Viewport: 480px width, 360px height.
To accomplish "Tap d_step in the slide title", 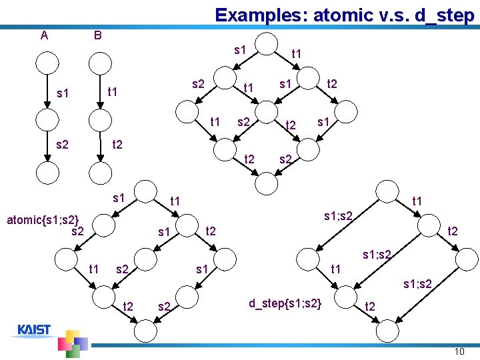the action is [439, 15].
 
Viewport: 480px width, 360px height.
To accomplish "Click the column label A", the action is [44, 35].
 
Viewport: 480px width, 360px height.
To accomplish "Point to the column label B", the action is [97, 35].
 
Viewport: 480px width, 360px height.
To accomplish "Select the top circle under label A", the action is [47, 64].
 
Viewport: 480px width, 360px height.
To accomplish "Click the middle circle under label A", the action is [47, 119].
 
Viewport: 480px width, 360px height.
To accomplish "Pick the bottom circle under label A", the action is [47, 173].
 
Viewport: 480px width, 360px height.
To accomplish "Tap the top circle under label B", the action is [101, 64].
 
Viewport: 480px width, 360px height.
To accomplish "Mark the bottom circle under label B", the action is [101, 173].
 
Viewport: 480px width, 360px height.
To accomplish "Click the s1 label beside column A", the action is [63, 94].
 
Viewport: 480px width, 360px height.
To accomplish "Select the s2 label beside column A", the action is [63, 144].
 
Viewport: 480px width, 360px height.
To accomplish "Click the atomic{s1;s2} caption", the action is [43, 219].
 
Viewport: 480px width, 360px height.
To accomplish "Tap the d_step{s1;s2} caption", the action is [285, 303].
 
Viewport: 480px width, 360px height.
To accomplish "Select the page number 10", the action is [458, 351].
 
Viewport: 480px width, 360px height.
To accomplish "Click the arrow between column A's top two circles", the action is [47, 91].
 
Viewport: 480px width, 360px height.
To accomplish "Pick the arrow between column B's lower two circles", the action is [101, 146].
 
